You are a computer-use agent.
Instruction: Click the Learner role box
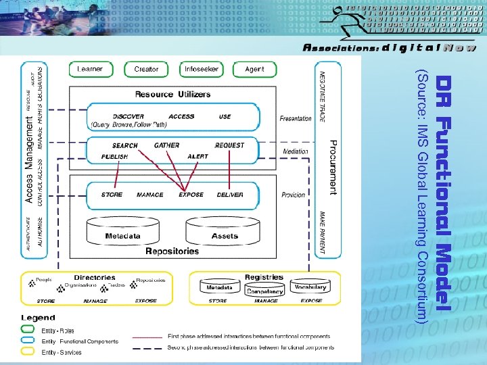click(91, 70)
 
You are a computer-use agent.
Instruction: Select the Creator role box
click(146, 70)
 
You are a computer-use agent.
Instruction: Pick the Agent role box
click(254, 70)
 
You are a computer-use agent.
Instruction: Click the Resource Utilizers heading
click(172, 94)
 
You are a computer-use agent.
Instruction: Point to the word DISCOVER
click(128, 116)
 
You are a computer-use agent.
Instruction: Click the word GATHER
click(167, 145)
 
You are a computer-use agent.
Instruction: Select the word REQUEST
click(229, 145)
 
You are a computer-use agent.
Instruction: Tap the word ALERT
click(198, 157)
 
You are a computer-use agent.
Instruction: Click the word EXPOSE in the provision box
click(191, 195)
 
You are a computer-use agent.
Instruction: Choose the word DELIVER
click(230, 195)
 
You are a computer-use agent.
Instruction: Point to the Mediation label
click(295, 151)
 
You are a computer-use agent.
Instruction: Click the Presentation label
click(296, 118)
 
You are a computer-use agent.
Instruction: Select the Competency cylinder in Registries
click(264, 292)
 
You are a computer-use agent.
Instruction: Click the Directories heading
click(94, 278)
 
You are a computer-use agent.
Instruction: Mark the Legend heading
click(38, 318)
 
